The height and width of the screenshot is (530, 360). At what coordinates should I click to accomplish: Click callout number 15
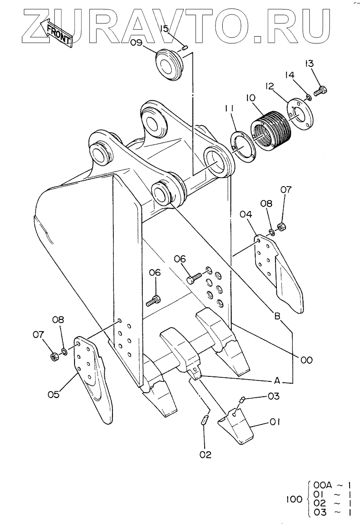coord(164,28)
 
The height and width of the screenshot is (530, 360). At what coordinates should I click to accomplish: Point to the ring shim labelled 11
coord(243,147)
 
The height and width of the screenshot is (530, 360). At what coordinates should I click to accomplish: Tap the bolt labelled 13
coord(320,91)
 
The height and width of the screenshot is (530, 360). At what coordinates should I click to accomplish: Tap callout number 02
coord(205,455)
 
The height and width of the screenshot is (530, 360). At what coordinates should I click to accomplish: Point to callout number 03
coord(274,396)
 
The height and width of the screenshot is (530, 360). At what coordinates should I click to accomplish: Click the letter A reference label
coord(277,381)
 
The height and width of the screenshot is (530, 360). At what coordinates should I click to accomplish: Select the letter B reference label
coord(277,316)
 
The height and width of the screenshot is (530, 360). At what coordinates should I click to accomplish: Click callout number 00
coord(307,360)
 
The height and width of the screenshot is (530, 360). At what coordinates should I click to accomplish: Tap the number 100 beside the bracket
coord(294,499)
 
